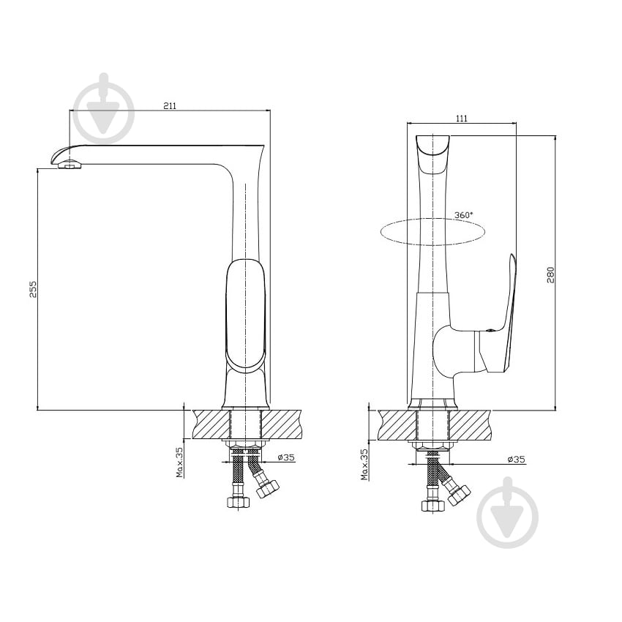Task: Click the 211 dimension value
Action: tap(169, 105)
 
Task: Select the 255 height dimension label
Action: tap(33, 289)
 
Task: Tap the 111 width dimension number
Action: tap(462, 119)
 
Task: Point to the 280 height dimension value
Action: tap(550, 274)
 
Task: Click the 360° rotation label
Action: tap(464, 214)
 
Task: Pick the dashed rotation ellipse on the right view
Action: tap(432, 218)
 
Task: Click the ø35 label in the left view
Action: tap(286, 457)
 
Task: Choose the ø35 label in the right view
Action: tap(516, 460)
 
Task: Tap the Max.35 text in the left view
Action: tap(180, 462)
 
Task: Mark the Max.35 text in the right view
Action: tap(364, 464)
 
